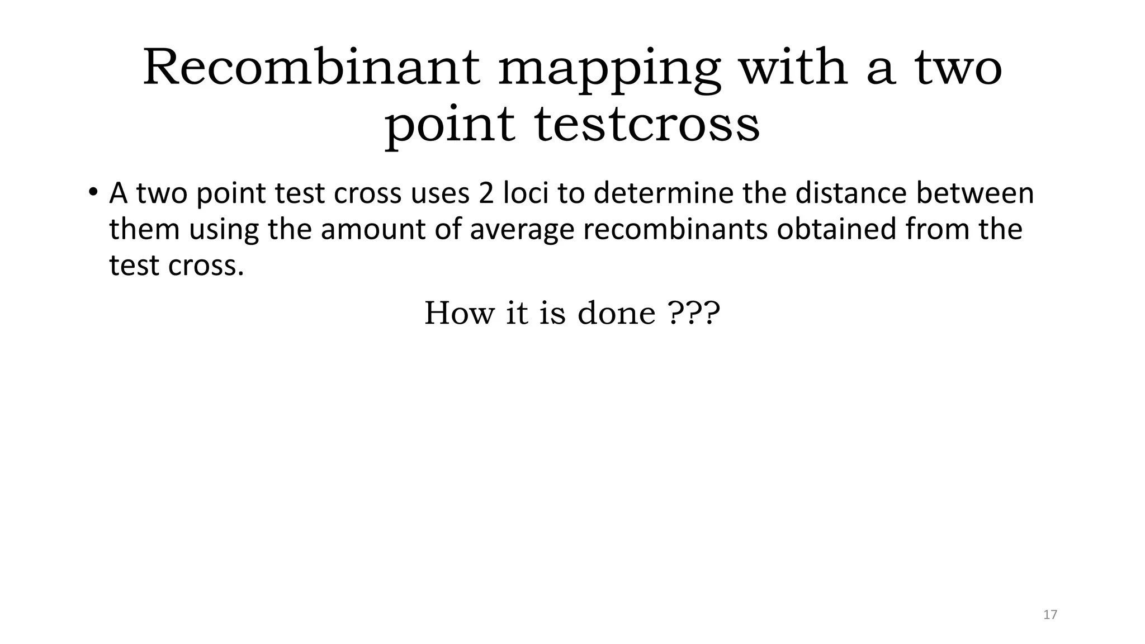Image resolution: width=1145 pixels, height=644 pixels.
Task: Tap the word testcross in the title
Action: (x=647, y=124)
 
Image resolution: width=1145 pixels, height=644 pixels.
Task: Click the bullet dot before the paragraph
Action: (x=92, y=192)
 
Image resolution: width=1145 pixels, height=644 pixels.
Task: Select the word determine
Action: (x=663, y=193)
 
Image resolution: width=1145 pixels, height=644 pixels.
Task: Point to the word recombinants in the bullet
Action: (x=675, y=229)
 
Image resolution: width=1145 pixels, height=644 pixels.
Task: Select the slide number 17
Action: (x=1050, y=615)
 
